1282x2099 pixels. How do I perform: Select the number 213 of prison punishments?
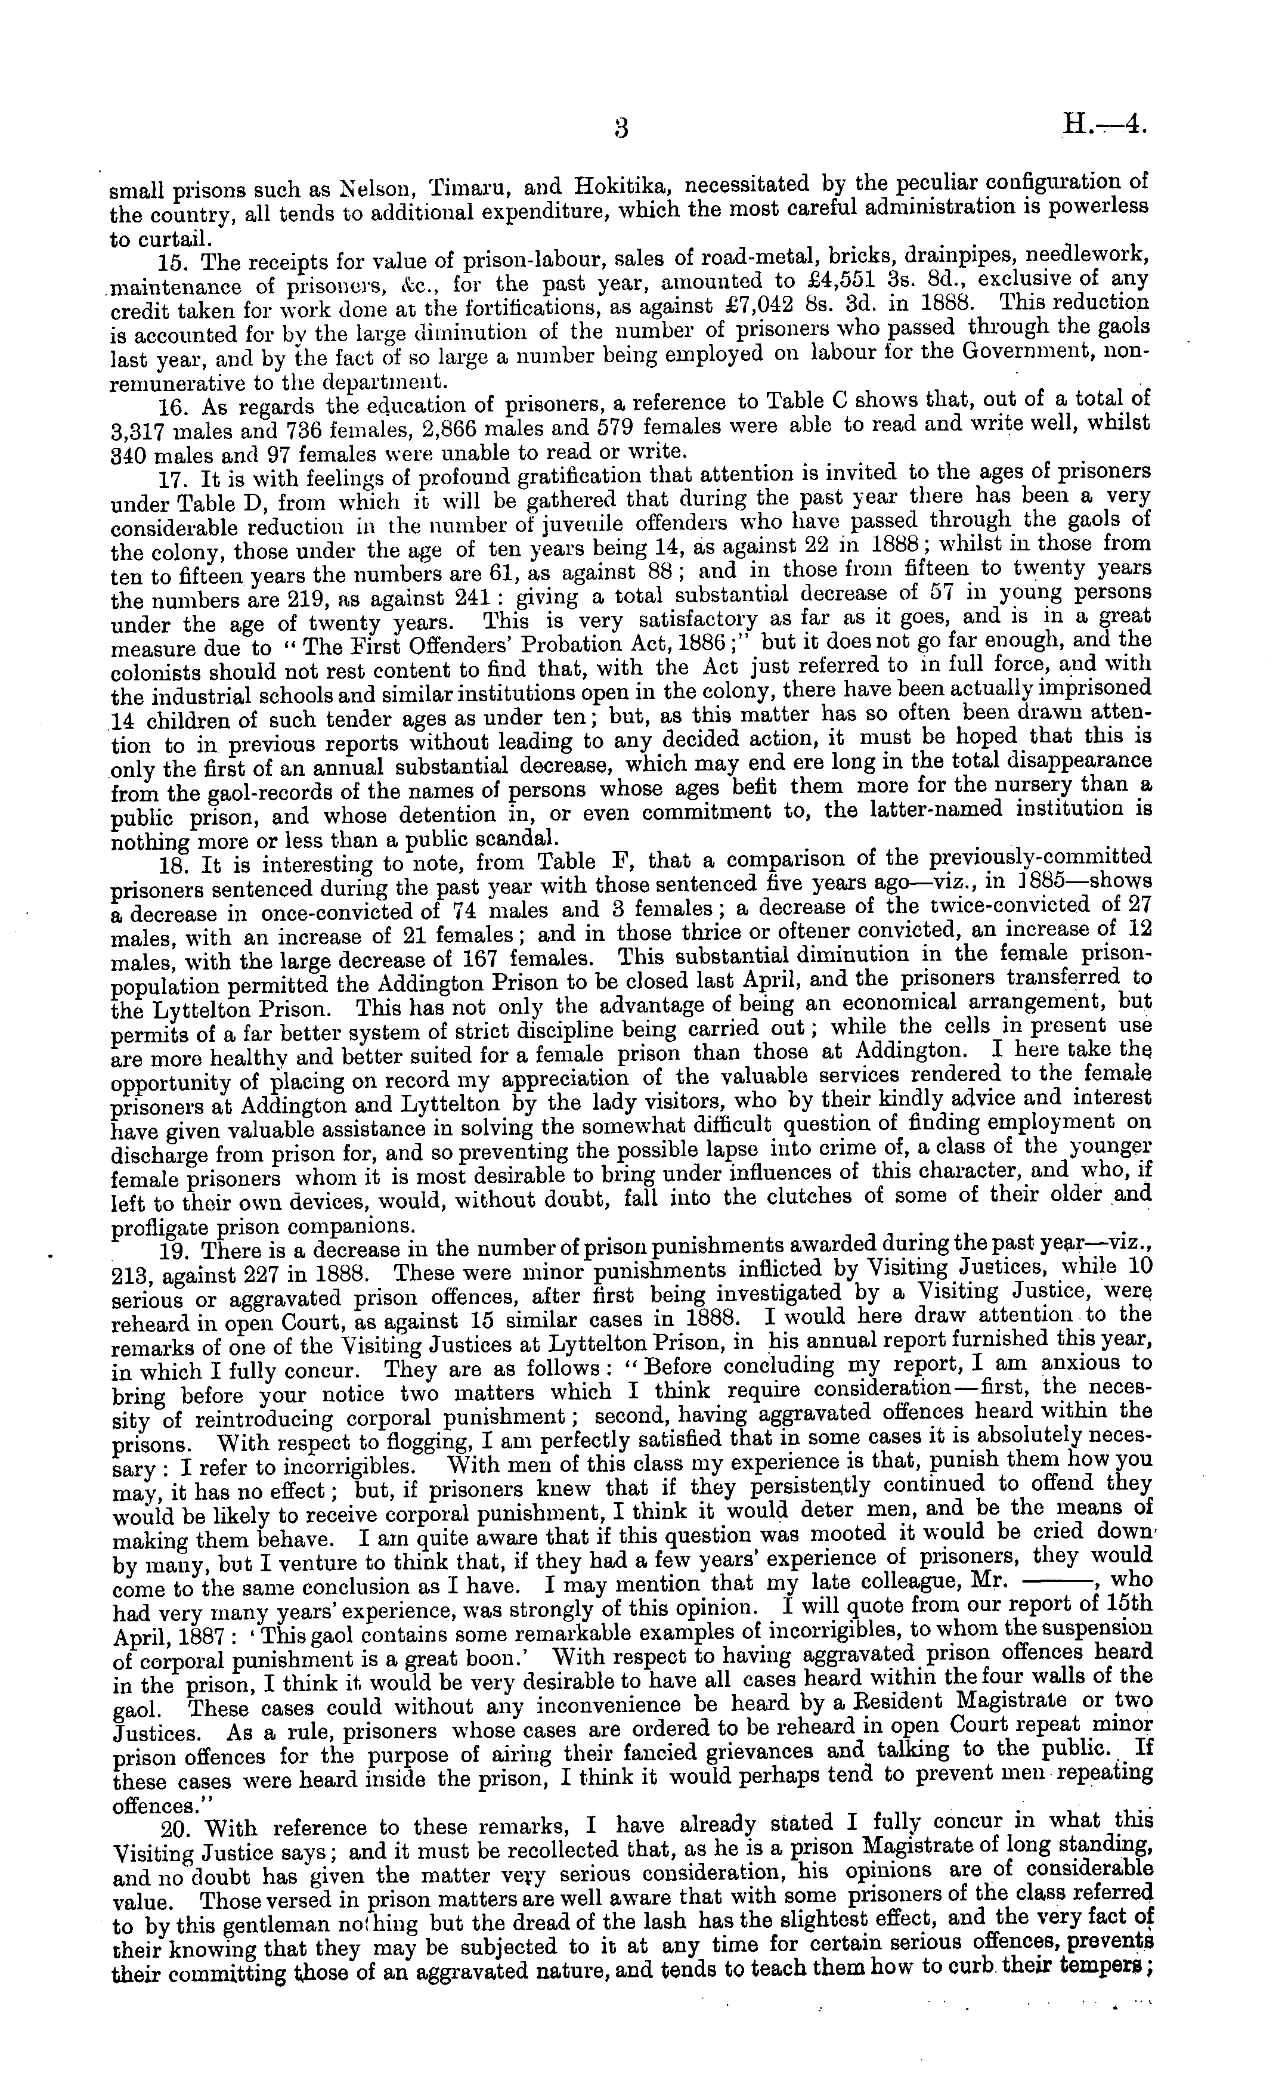coord(132,1276)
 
